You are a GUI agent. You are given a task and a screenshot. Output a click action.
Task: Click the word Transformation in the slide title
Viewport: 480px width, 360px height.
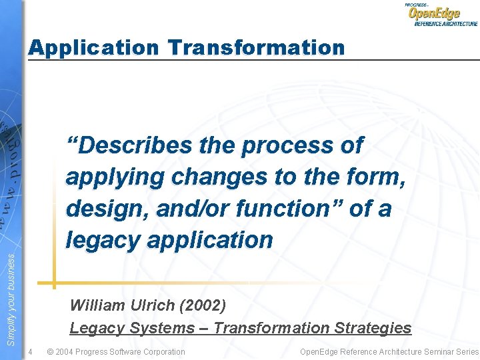pos(257,48)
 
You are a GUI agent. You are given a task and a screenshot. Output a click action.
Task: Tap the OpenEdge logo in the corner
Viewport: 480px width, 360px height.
pos(441,14)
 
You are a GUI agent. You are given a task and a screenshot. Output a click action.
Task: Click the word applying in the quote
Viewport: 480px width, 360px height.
pos(115,178)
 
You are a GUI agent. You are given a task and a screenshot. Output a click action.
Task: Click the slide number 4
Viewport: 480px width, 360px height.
pos(31,351)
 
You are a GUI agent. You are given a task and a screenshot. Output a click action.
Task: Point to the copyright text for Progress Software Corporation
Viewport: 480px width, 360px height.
pos(117,351)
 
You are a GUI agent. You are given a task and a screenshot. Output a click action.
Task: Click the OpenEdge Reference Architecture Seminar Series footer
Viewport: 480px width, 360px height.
pos(389,351)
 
